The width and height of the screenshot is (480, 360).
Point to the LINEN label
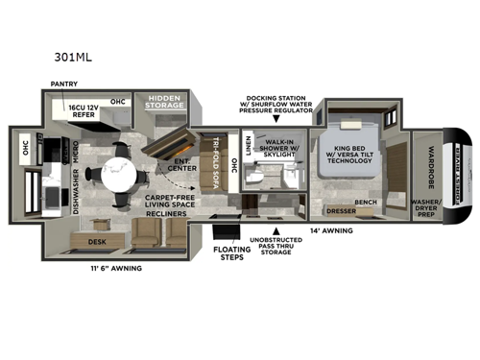[x=249, y=145]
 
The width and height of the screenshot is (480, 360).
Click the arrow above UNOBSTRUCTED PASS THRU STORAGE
[x=278, y=231]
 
